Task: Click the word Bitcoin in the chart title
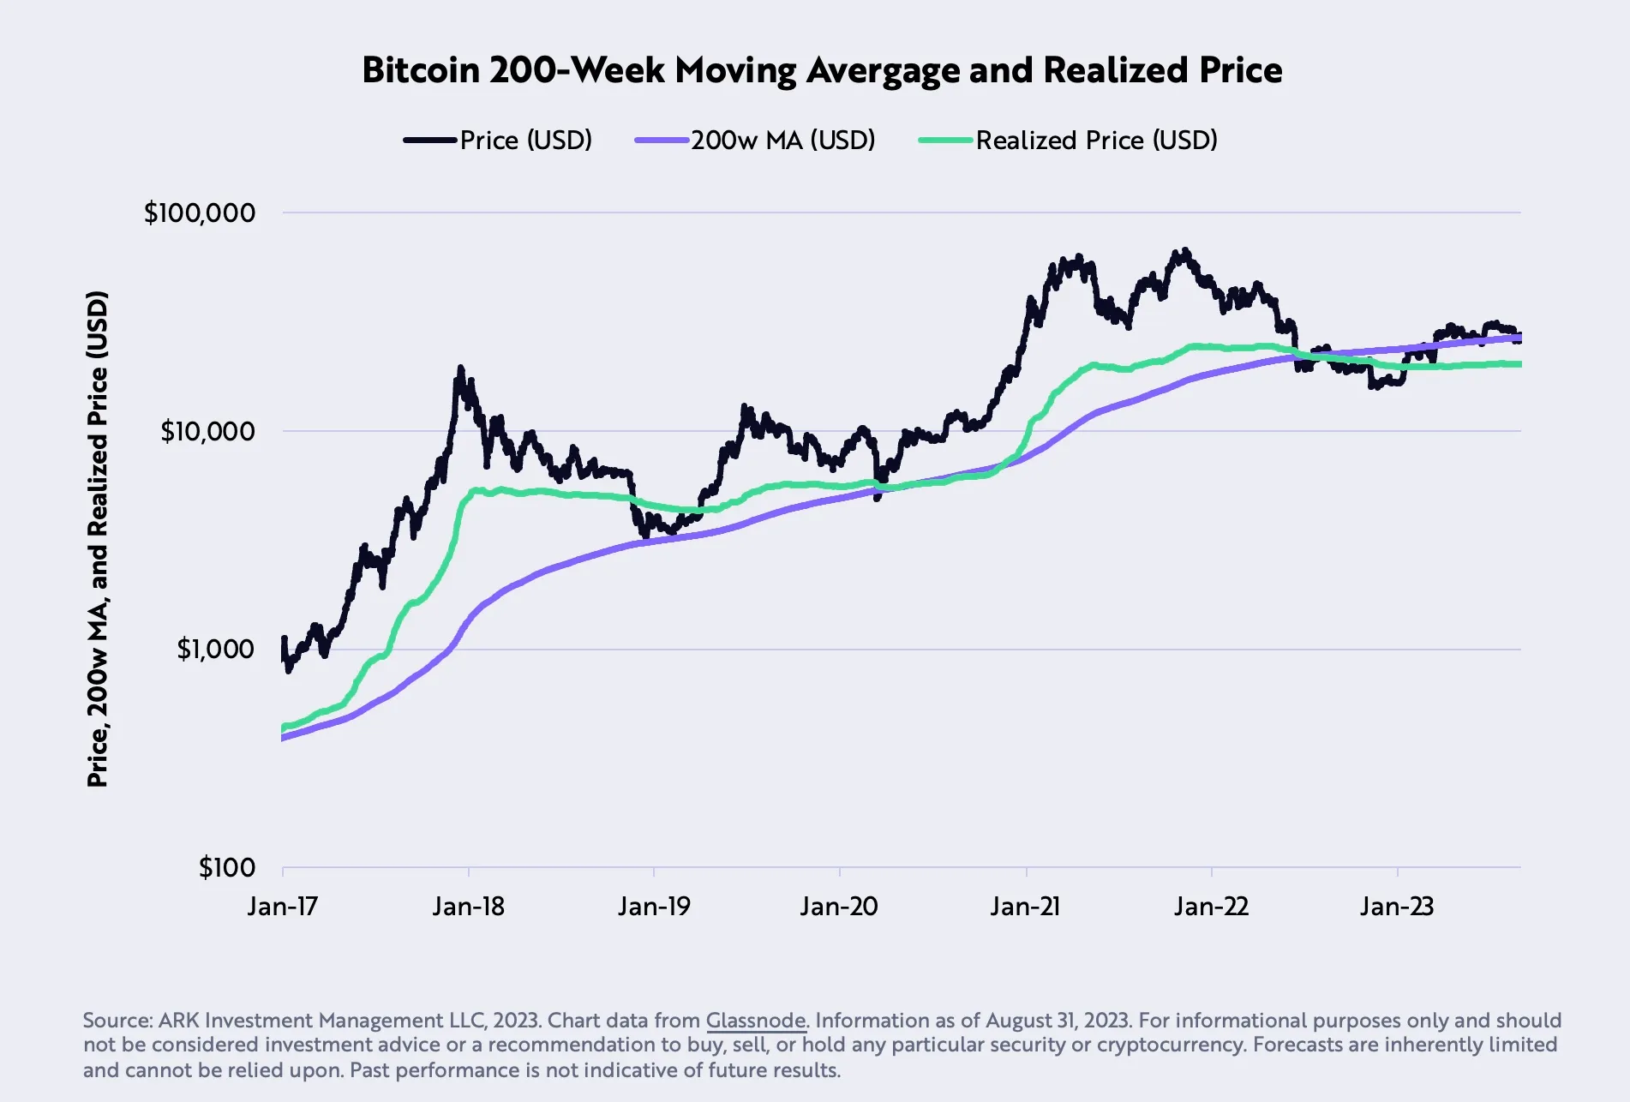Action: [421, 70]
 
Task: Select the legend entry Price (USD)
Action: [525, 140]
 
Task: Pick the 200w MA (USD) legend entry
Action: [782, 140]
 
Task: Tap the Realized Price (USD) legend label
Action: [1096, 140]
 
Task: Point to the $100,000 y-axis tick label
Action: [200, 213]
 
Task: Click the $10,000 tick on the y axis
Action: [207, 431]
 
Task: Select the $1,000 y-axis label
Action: [215, 649]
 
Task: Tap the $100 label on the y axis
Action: [226, 867]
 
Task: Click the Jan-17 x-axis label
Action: [282, 906]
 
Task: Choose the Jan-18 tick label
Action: [468, 906]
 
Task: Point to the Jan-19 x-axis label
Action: [654, 906]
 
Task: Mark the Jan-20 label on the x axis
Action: [839, 906]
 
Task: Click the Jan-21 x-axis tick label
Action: [1025, 906]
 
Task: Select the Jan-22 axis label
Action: [1211, 906]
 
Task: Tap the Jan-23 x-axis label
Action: [1396, 906]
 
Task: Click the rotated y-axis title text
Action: [98, 539]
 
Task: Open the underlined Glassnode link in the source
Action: [755, 1020]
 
